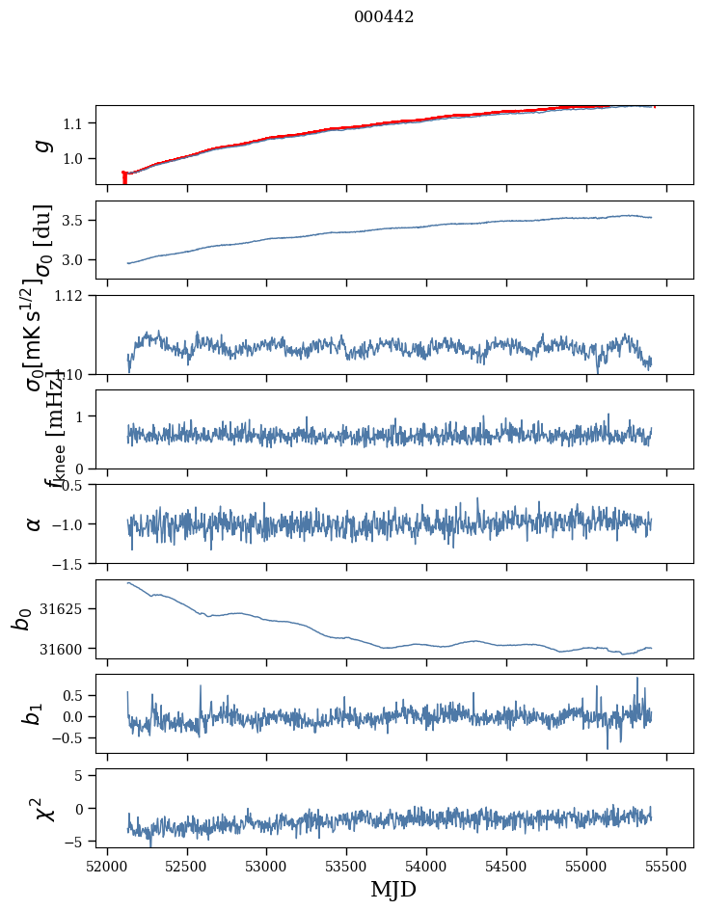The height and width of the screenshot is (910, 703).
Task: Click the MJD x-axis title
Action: click(x=393, y=889)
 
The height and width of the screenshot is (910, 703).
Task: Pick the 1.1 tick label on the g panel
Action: click(x=76, y=123)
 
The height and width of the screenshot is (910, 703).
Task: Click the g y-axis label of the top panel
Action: click(x=40, y=145)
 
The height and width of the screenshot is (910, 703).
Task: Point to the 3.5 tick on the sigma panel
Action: click(x=76, y=221)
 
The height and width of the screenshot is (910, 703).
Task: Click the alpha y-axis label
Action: click(x=34, y=523)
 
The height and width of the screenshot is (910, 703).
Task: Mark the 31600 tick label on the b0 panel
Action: click(x=65, y=649)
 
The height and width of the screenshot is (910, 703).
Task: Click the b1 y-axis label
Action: click(x=34, y=713)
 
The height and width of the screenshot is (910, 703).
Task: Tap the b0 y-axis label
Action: click(x=21, y=619)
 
